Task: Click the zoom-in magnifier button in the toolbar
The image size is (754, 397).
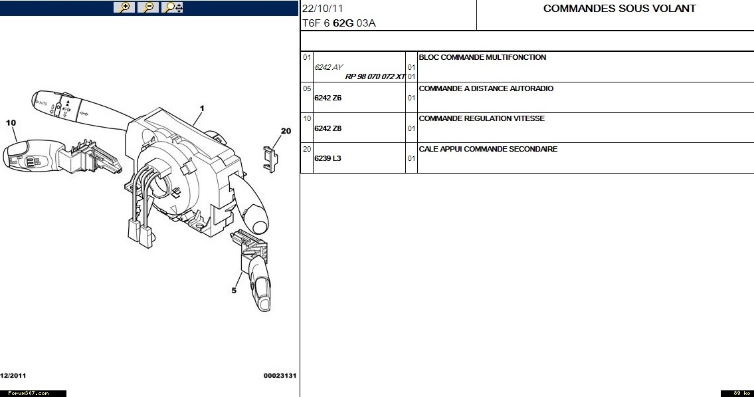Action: click(x=124, y=7)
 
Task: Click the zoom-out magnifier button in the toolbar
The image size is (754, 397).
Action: click(x=148, y=7)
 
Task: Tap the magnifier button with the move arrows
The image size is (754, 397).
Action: click(x=173, y=7)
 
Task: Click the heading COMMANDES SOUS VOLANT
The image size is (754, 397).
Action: click(x=619, y=9)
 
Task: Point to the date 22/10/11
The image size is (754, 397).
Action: click(x=323, y=9)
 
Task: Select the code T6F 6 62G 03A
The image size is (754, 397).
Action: click(x=339, y=23)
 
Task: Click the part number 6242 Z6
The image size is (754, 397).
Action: click(x=328, y=98)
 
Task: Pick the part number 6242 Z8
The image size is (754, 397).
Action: click(x=328, y=128)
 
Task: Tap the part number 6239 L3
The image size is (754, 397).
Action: click(x=328, y=158)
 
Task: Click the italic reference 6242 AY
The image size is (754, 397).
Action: click(x=329, y=67)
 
